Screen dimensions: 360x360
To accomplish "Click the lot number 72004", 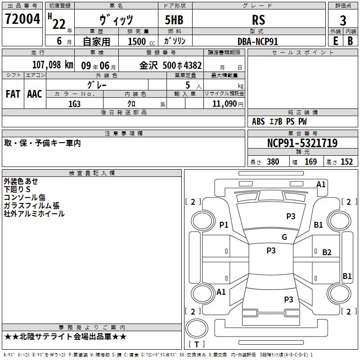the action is (22, 19).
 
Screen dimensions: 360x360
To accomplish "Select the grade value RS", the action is (258, 20).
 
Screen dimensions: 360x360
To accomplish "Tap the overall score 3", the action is (343, 20).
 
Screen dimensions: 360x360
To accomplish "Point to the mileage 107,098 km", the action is (53, 65).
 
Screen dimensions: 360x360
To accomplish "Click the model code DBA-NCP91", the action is (258, 41).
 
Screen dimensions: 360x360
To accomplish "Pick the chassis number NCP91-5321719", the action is (302, 143).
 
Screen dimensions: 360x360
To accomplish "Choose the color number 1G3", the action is (74, 104).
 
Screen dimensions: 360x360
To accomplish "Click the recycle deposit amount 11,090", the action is (224, 104).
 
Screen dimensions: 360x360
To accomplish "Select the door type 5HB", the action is (174, 20).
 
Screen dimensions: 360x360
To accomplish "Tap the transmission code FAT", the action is (13, 94).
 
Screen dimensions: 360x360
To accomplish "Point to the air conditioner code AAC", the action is (35, 94).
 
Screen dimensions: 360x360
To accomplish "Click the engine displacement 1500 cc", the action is (141, 41).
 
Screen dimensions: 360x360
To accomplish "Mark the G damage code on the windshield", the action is (284, 237).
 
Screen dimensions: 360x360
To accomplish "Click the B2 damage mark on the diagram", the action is (327, 252).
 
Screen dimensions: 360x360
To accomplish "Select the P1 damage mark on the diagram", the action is (224, 225).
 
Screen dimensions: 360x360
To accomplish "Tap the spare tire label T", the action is (197, 344).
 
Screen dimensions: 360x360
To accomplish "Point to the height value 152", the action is (346, 162).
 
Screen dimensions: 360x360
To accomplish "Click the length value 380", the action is (273, 162).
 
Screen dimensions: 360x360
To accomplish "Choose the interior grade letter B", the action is (350, 41).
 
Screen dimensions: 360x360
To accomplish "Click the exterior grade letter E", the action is (335, 41).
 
